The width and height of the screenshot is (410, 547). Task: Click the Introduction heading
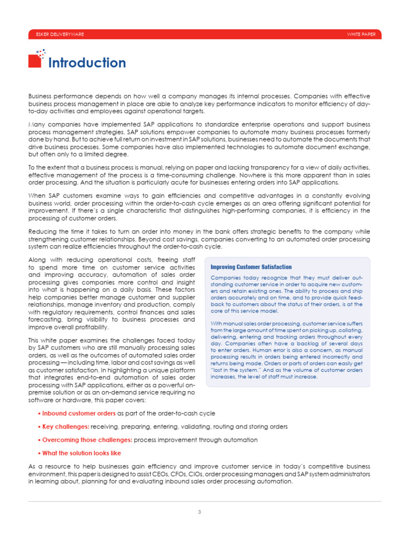(x=87, y=63)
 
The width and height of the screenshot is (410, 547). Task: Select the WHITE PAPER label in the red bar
(x=361, y=35)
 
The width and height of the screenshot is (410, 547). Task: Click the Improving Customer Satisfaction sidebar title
(x=251, y=267)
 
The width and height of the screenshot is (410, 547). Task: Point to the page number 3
(x=199, y=512)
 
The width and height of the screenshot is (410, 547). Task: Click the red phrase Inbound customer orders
(x=78, y=413)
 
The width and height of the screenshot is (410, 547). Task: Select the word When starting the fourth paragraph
(x=37, y=196)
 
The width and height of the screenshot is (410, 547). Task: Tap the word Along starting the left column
(x=37, y=260)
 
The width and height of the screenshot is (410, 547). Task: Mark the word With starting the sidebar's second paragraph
(x=217, y=324)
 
